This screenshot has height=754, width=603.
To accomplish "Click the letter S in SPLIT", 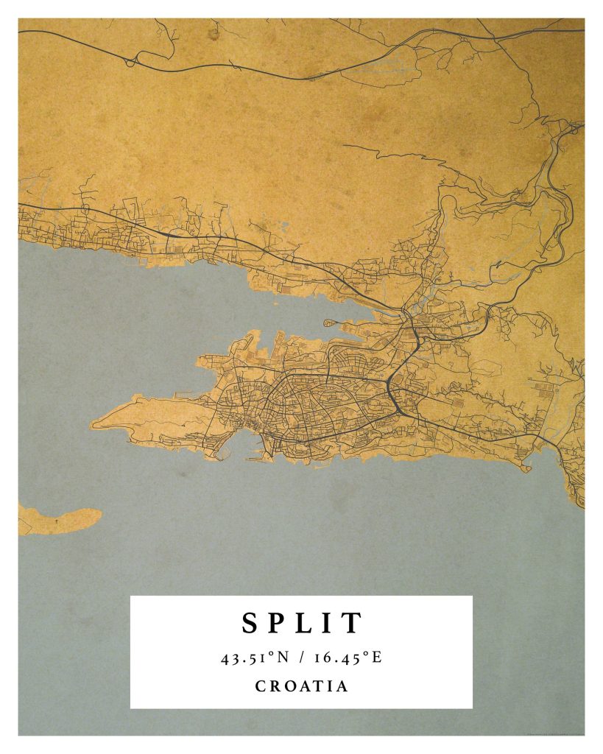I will [251, 623].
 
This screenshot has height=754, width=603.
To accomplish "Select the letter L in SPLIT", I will [307, 623].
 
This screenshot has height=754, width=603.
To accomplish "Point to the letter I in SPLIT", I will [329, 623].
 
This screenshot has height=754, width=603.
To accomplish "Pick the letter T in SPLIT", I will [351, 623].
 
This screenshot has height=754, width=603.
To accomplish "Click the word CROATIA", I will [301, 686].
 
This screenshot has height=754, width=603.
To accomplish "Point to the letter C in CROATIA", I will [261, 686].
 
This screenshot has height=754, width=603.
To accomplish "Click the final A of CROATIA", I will [342, 686].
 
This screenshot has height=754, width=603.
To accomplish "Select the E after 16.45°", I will [376, 658].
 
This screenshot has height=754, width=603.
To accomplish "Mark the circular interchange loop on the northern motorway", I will [130, 62].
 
